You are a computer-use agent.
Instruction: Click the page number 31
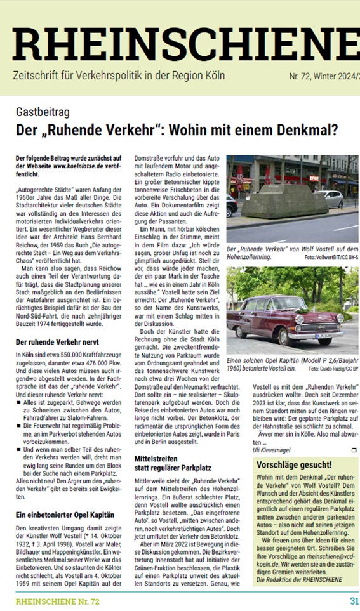354,600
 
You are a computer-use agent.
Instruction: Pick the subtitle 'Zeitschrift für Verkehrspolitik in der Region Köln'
119,76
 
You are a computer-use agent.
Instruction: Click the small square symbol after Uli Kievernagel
345,450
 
